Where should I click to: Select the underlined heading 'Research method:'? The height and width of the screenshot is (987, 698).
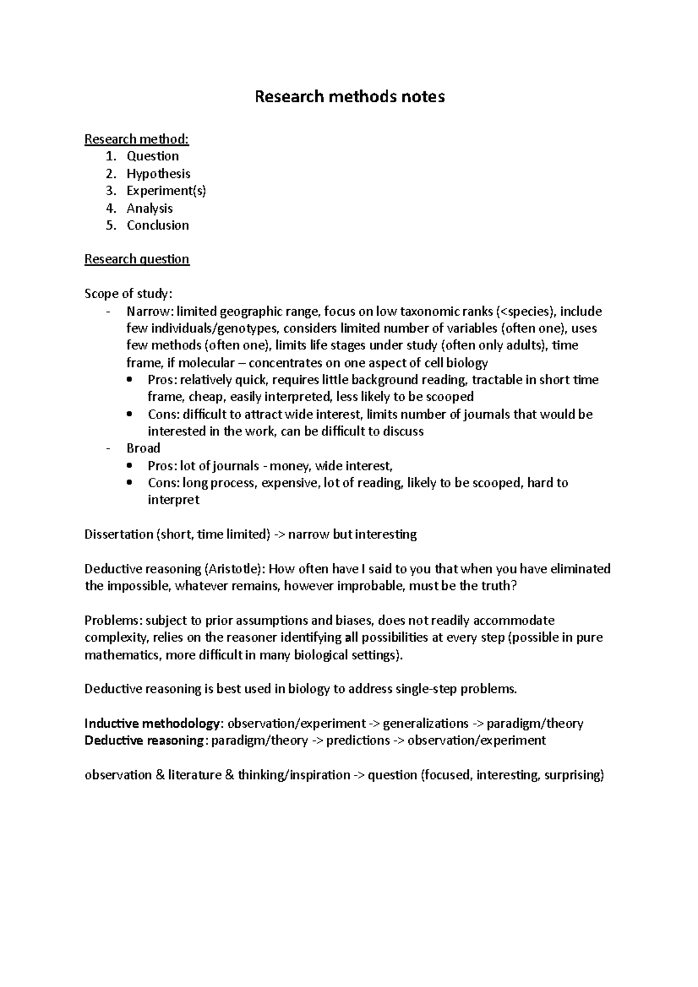click(137, 139)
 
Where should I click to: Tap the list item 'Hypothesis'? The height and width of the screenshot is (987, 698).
click(158, 173)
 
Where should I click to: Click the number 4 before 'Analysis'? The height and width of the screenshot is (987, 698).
click(111, 208)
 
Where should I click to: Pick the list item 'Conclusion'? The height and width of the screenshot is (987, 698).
click(158, 225)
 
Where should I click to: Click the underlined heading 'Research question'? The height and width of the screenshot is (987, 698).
click(137, 259)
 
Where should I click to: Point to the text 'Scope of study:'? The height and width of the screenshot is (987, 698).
click(129, 294)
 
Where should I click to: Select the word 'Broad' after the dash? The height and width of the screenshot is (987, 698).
click(143, 448)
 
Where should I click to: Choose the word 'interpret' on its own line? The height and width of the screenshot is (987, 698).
click(173, 500)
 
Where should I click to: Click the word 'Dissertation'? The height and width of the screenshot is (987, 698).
click(118, 534)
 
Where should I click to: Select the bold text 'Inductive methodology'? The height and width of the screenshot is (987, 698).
click(152, 723)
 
